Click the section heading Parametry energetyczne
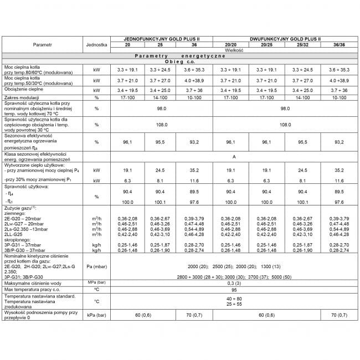[x=179, y=56]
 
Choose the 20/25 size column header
[x=267, y=45]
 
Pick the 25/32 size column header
[x=303, y=45]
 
